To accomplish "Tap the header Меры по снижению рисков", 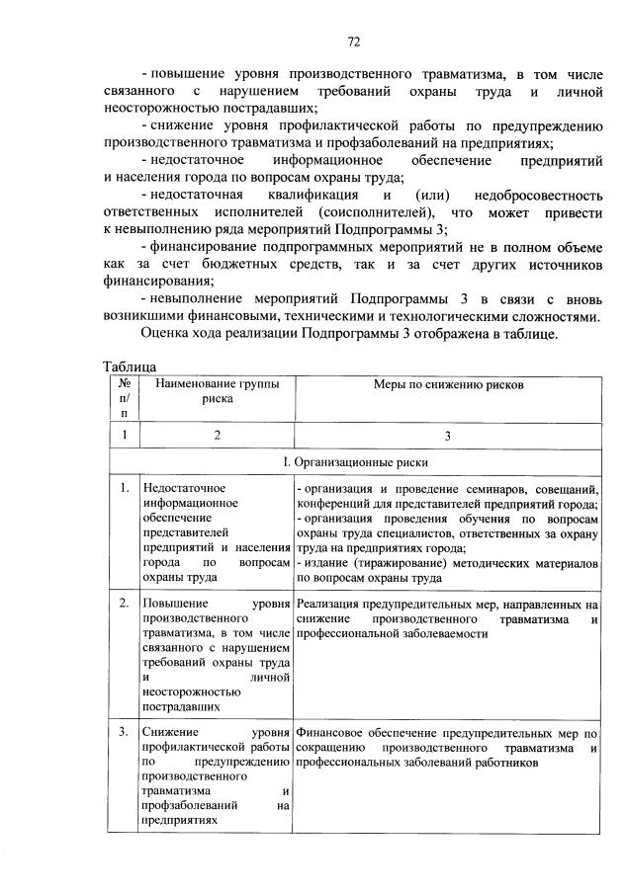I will pyautogui.click(x=447, y=383).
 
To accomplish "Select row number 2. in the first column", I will pyautogui.click(x=124, y=602).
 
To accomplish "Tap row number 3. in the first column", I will pyautogui.click(x=124, y=732).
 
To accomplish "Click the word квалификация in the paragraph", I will pyautogui.click(x=311, y=195).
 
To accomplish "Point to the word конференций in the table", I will pyautogui.click(x=333, y=504).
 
